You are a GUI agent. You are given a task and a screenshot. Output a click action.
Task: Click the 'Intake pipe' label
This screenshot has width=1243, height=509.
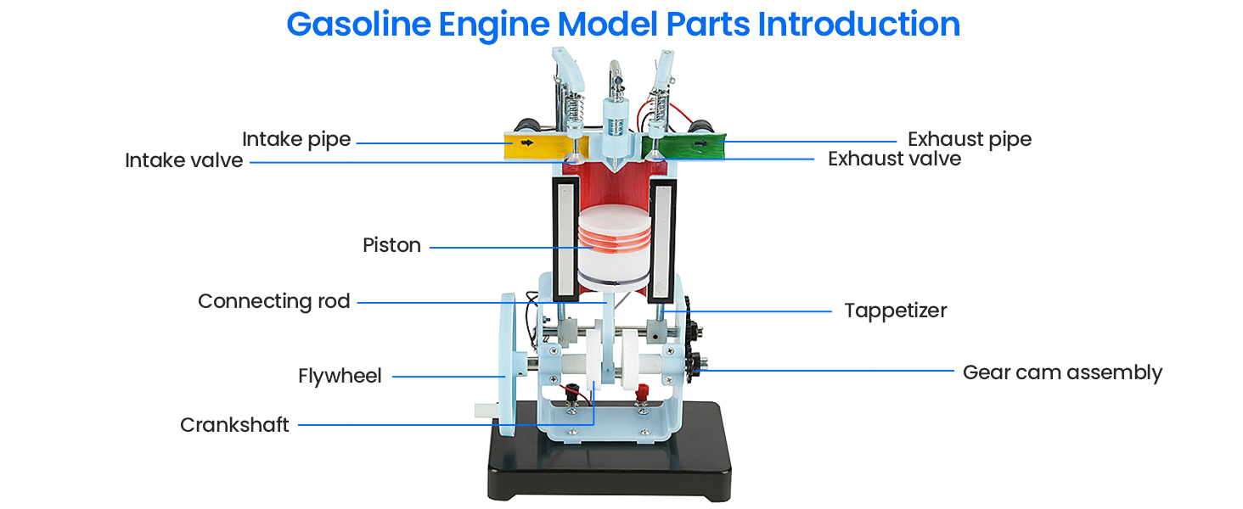pyautogui.click(x=296, y=139)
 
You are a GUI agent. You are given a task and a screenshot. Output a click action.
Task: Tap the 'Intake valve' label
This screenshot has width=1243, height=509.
pyautogui.click(x=183, y=160)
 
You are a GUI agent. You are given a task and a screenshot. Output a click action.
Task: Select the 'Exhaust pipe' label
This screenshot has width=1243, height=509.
pyautogui.click(x=970, y=139)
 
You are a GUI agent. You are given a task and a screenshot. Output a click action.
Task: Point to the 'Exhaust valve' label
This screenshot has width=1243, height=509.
pyautogui.click(x=894, y=159)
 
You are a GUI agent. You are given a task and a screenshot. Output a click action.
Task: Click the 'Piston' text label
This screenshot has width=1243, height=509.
pyautogui.click(x=391, y=245)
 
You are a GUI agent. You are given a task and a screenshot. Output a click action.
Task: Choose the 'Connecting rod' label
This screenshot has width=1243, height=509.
pyautogui.click(x=273, y=301)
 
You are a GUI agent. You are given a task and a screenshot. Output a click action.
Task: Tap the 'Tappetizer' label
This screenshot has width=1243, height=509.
pyautogui.click(x=895, y=310)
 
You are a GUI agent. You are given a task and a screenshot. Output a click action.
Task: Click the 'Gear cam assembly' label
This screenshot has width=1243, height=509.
pyautogui.click(x=1061, y=372)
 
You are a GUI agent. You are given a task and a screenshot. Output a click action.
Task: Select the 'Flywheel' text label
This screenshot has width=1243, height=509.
pyautogui.click(x=340, y=376)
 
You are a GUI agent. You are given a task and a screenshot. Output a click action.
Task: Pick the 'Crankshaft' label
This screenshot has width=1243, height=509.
pyautogui.click(x=234, y=425)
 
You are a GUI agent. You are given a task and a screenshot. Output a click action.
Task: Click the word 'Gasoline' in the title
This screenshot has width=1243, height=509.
pyautogui.click(x=357, y=25)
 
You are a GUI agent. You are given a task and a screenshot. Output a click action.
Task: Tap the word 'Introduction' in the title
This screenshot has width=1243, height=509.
pyautogui.click(x=858, y=25)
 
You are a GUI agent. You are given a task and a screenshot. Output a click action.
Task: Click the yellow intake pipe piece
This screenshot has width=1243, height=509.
pyautogui.click(x=535, y=146)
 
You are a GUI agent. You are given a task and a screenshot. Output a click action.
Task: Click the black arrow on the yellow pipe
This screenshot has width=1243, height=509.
pyautogui.click(x=528, y=143)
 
